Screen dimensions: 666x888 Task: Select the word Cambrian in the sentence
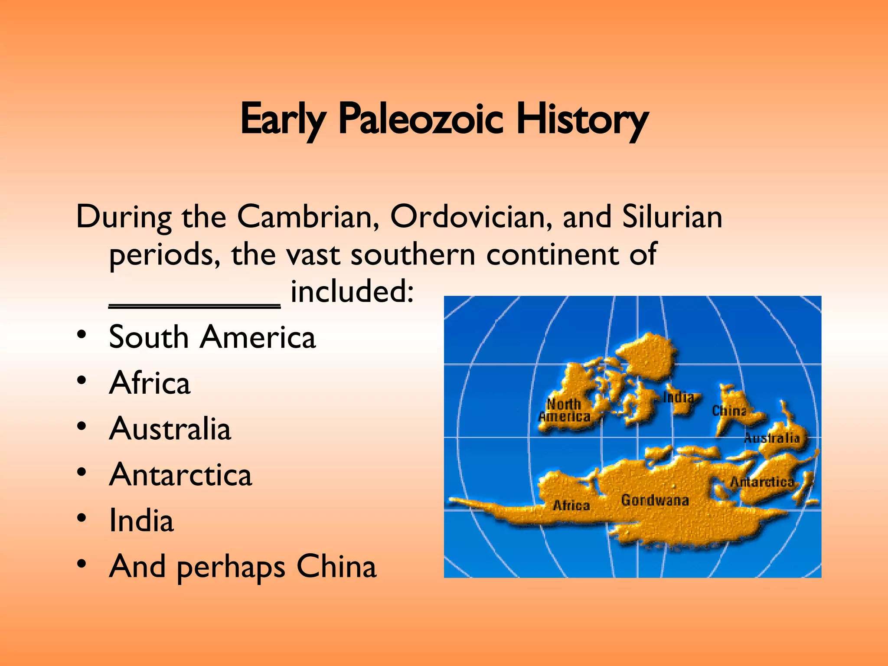308,216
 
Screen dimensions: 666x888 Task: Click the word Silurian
672,216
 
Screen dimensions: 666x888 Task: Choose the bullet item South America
212,337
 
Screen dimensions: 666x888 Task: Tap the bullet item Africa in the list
150,383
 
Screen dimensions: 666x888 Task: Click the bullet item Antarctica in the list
180,475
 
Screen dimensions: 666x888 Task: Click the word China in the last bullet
336,567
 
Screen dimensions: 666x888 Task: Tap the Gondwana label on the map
655,500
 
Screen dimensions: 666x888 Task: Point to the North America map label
564,410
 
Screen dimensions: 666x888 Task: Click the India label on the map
678,397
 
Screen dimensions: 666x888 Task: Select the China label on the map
729,411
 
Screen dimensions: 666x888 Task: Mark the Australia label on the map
772,438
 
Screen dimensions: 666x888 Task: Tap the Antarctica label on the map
762,482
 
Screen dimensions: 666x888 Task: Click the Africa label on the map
571,505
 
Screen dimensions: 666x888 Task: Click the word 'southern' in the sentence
413,255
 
